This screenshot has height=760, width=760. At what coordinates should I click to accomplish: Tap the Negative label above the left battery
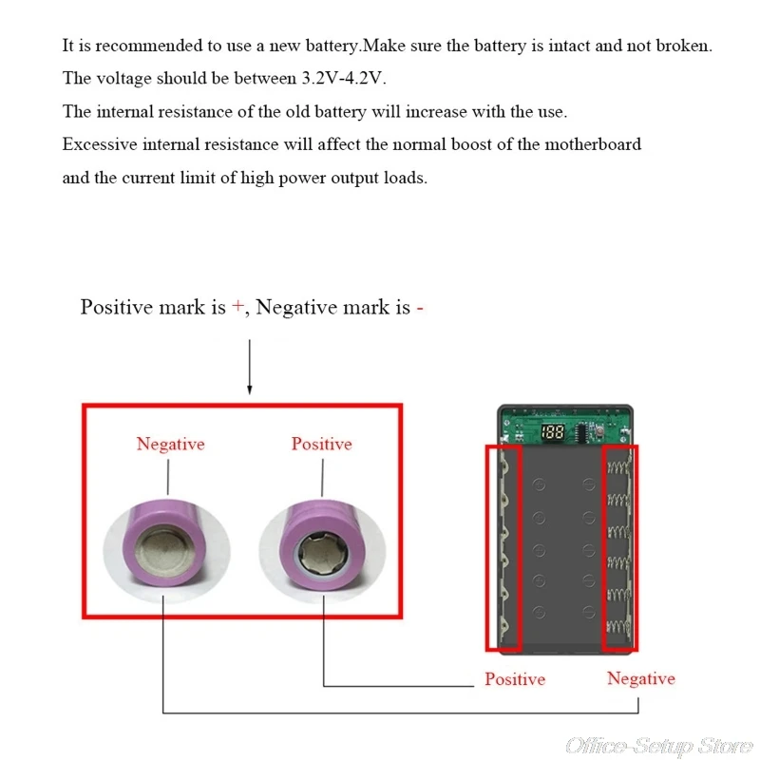click(170, 444)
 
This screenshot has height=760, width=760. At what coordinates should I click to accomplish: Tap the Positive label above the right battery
click(321, 444)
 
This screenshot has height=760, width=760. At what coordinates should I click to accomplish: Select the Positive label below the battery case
click(515, 679)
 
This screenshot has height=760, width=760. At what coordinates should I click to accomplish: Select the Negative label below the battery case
click(641, 678)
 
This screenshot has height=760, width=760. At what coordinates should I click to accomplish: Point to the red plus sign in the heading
click(237, 308)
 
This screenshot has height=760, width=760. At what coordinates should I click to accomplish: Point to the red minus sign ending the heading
click(419, 308)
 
